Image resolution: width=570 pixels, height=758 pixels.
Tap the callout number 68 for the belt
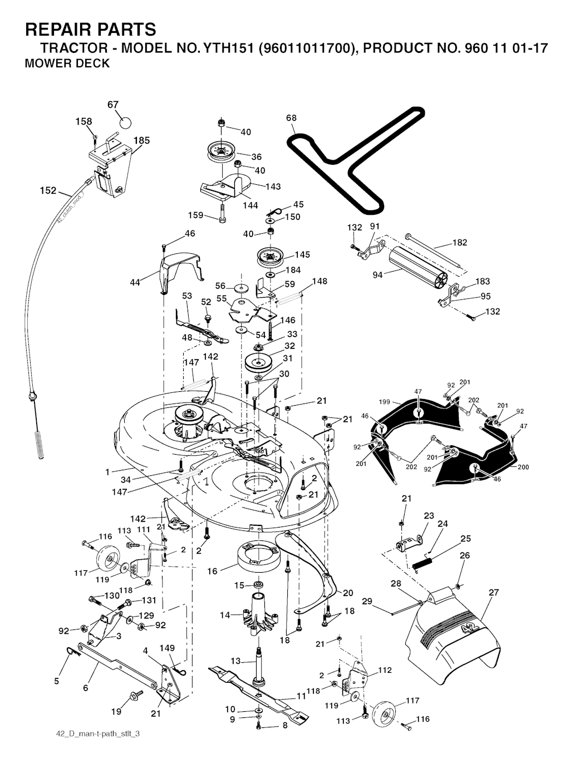pos(291,118)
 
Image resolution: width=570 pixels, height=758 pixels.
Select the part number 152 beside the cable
pos(48,191)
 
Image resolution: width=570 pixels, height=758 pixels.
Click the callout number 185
pos(141,140)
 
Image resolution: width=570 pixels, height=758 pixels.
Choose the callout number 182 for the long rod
pos(460,243)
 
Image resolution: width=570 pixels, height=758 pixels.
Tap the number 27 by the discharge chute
pos(494,593)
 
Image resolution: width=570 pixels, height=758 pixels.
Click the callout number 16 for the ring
pos(212,572)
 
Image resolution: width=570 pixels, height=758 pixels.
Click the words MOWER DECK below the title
pos(67,63)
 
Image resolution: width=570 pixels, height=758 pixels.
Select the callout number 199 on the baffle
pos(383,401)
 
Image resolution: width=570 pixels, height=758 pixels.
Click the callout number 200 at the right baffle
pos(523,467)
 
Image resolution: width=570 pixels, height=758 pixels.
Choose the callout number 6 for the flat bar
pos(85,688)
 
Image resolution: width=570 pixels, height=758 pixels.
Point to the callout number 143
pos(273,186)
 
